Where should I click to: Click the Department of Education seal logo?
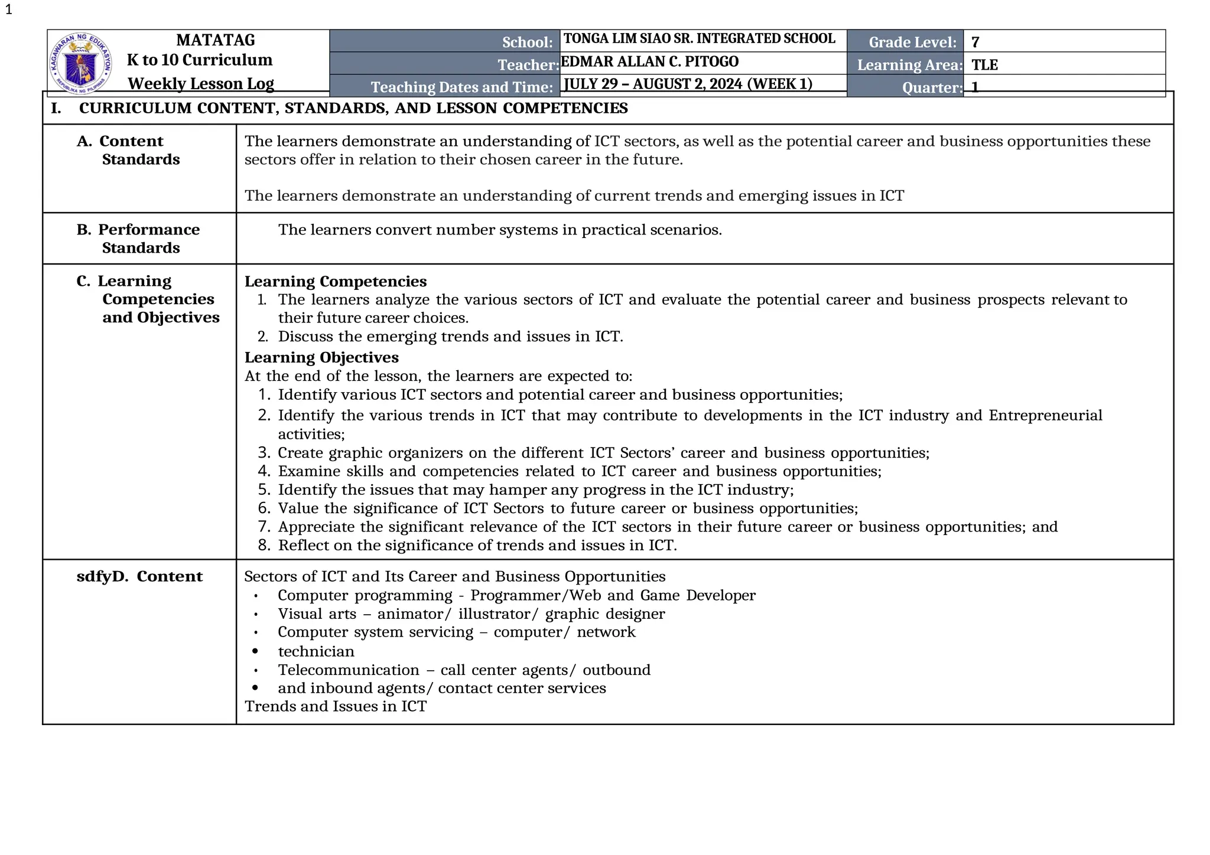(81, 63)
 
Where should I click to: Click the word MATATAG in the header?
(216, 40)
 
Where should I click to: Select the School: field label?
(527, 43)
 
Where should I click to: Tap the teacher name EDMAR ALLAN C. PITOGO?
(649, 62)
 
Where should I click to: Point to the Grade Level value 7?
(975, 43)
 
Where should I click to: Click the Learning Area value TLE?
(984, 65)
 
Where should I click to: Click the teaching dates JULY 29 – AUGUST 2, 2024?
(688, 84)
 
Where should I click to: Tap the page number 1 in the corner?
(8, 10)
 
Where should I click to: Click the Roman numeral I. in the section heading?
(56, 109)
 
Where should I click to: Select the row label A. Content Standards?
(129, 150)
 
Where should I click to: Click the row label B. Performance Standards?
(138, 238)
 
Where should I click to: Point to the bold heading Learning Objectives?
(321, 357)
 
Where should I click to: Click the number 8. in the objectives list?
(264, 545)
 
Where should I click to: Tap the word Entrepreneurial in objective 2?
(1045, 416)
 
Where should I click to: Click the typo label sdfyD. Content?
(139, 576)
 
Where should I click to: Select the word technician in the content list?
(316, 651)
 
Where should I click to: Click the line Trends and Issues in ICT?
(335, 706)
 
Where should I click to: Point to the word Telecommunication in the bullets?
(349, 670)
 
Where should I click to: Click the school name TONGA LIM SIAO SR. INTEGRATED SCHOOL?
(699, 39)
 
